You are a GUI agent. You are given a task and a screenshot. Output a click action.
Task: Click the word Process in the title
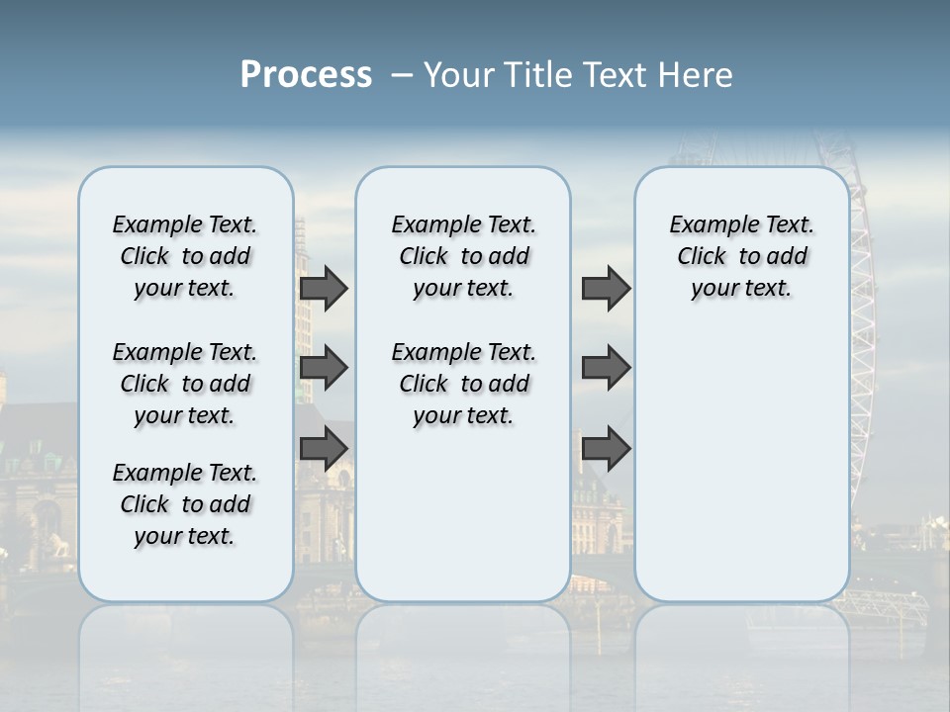coord(306,75)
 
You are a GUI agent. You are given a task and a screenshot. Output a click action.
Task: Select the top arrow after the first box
coord(324,289)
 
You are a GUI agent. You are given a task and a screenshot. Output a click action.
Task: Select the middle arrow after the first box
coord(324,368)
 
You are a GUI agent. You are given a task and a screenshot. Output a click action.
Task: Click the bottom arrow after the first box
coord(324,448)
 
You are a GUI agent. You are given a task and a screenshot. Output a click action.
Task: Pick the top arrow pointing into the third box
coord(606,289)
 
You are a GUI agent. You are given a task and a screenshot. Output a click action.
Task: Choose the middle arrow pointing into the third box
coord(606,368)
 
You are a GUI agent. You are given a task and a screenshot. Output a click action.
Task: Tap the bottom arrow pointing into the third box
coord(606,448)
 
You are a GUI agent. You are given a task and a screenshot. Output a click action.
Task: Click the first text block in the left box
coord(185,256)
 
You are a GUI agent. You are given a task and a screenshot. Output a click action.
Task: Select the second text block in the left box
coord(185,384)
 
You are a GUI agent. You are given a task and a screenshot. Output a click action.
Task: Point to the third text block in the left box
coord(185,504)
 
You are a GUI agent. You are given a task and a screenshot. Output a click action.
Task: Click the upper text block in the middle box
coord(463,256)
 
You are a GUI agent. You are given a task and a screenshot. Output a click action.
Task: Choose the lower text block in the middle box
coord(463,384)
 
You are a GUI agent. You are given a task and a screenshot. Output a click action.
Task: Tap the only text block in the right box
coord(741,256)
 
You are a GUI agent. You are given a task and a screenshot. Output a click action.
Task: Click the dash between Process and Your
coord(401,75)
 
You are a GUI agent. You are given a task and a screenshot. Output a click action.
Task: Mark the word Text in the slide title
coord(614,75)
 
